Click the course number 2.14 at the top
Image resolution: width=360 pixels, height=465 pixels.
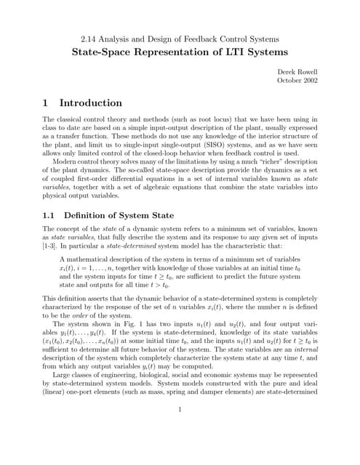pos(87,39)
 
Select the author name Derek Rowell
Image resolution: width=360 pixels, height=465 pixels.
pos(299,73)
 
